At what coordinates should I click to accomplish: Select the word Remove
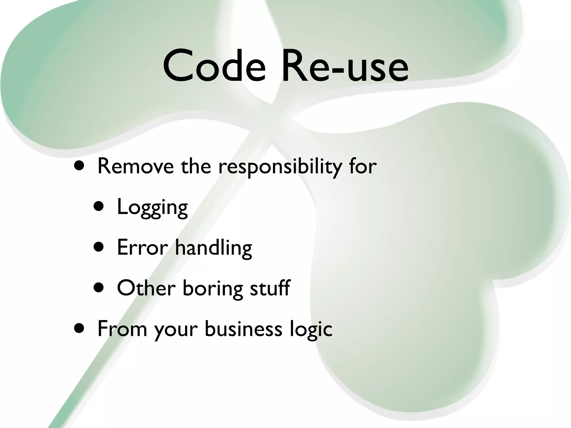(136, 166)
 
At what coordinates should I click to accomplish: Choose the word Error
(142, 247)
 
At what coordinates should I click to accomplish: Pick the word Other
(146, 288)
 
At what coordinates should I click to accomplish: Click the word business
(243, 329)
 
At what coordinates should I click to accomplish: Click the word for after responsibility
(363, 166)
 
